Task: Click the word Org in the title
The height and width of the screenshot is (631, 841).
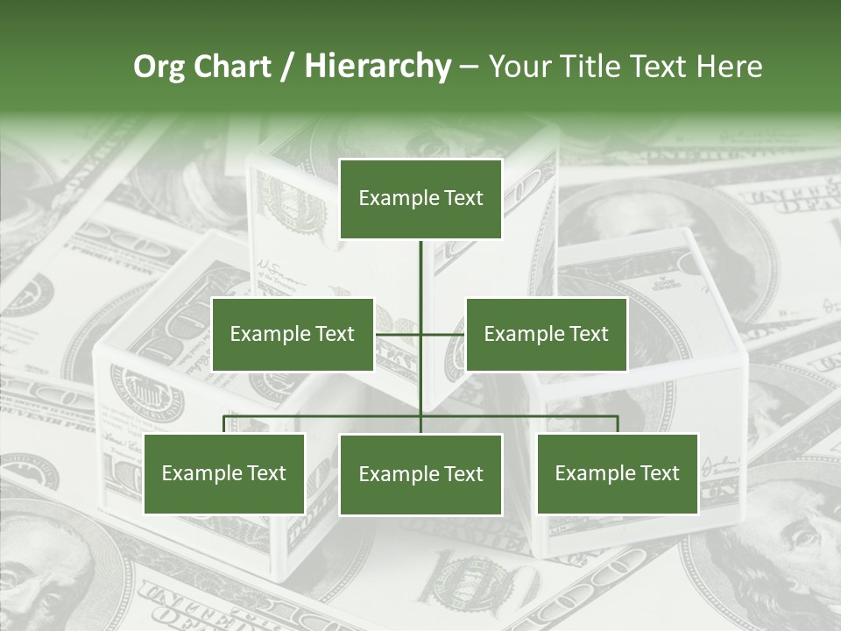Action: (x=159, y=67)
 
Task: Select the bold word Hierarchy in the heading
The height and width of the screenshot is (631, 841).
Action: (x=378, y=67)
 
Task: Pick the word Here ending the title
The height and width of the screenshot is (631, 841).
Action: (x=729, y=67)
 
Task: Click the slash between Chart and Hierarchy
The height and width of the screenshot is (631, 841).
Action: (x=287, y=67)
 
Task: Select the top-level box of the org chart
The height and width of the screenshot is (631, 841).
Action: (x=420, y=198)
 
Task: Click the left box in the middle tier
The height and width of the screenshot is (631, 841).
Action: (x=293, y=334)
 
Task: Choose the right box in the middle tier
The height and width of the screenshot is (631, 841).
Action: (x=546, y=334)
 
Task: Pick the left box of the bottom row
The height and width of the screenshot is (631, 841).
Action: (x=223, y=473)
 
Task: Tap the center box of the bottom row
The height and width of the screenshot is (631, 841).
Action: (x=420, y=474)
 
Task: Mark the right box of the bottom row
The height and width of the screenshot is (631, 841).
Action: (x=618, y=473)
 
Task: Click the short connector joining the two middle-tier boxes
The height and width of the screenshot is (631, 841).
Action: (x=442, y=334)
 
